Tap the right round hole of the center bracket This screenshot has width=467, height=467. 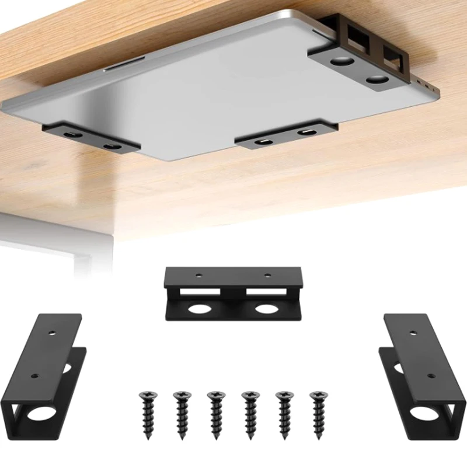267,308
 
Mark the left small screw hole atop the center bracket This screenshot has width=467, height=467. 200,274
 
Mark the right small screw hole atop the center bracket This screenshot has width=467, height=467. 267,275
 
